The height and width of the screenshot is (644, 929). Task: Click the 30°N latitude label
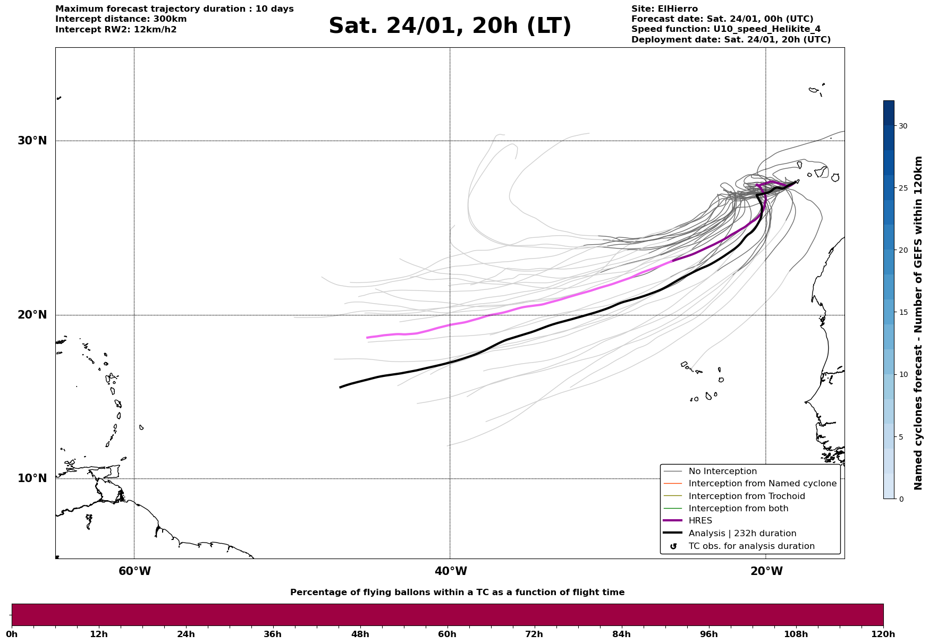[32, 141]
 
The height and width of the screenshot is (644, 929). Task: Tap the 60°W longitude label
[134, 571]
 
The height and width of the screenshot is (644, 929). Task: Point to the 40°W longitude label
[451, 571]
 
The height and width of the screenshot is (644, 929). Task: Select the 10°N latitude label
[32, 478]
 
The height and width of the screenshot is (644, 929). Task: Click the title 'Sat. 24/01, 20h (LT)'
[450, 26]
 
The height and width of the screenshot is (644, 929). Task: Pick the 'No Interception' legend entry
[722, 471]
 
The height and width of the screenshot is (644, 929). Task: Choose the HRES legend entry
[700, 521]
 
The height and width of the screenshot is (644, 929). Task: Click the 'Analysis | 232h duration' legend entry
[742, 534]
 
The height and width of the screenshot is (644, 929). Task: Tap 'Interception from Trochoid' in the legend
[746, 496]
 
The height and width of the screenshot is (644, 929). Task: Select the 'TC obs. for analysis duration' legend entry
[751, 546]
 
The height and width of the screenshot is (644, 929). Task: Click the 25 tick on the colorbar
[902, 188]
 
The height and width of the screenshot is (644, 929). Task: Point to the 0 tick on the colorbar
[900, 499]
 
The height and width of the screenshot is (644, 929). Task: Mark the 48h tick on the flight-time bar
[360, 634]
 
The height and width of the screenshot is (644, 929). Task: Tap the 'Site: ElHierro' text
[664, 9]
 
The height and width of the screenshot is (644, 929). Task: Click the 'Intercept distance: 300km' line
[121, 19]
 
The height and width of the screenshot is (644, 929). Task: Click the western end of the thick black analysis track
[341, 387]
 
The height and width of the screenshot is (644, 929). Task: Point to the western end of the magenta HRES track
[367, 338]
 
